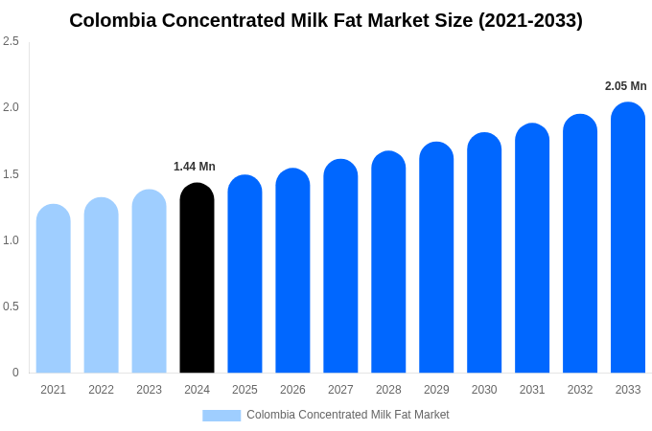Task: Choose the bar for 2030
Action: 484,253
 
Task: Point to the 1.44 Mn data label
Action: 195,167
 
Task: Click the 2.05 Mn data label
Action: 625,86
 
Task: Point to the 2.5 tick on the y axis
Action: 11,41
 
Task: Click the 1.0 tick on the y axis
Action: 11,240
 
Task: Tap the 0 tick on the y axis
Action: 15,373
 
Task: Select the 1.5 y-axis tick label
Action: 11,174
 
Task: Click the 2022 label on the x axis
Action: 101,390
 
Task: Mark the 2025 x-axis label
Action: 244,390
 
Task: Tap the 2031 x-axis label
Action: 532,390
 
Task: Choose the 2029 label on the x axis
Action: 436,390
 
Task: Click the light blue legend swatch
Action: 221,416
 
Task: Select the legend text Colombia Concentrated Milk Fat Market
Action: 347,415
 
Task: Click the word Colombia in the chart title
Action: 109,20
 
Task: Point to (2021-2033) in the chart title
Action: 530,20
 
